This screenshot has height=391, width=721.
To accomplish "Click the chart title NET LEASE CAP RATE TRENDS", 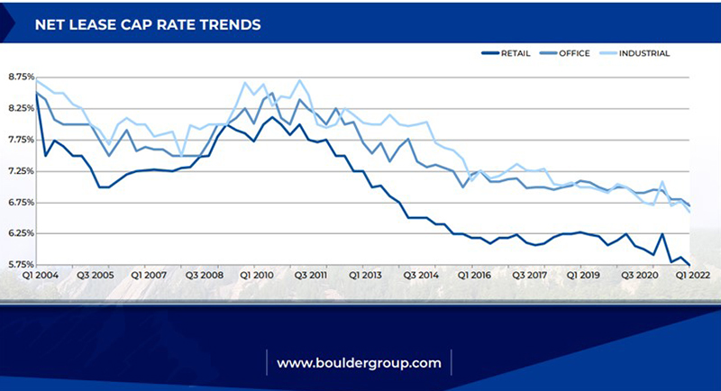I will pyautogui.click(x=148, y=24).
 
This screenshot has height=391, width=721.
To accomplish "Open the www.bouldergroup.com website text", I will pyautogui.click(x=359, y=363).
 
